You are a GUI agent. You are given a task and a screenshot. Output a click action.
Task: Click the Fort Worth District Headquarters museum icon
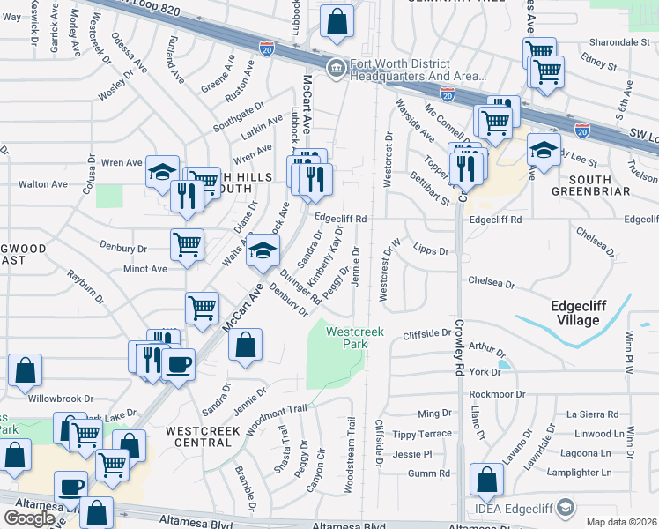pyautogui.click(x=336, y=68)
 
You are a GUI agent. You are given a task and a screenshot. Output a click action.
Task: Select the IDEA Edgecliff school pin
pyautogui.click(x=566, y=507)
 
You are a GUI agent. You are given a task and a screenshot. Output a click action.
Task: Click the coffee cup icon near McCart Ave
pyautogui.click(x=178, y=364)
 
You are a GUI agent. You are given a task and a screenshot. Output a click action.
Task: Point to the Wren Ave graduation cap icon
pyautogui.click(x=162, y=172)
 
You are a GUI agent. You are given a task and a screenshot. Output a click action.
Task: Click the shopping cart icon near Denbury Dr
pyautogui.click(x=187, y=243)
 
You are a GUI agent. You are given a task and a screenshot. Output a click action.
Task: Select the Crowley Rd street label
pyautogui.click(x=459, y=339)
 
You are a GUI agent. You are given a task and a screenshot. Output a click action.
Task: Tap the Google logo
pyautogui.click(x=29, y=518)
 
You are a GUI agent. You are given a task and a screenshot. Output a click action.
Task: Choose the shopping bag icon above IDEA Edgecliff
pyautogui.click(x=485, y=480)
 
